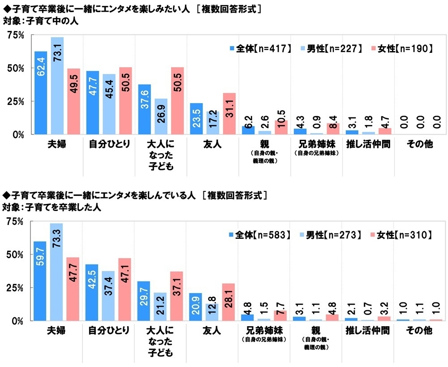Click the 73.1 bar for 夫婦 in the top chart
click(57, 85)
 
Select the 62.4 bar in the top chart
click(41, 93)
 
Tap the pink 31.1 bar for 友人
click(229, 113)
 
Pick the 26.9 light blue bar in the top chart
click(161, 116)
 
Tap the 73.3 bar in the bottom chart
click(56, 272)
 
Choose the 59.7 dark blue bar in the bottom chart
click(40, 281)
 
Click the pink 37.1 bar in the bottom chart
click(177, 296)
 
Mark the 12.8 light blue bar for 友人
click(212, 309)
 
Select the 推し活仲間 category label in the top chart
click(368, 145)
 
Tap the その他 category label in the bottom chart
click(420, 331)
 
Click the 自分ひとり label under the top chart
click(109, 145)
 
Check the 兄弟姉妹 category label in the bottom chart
click(264, 331)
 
